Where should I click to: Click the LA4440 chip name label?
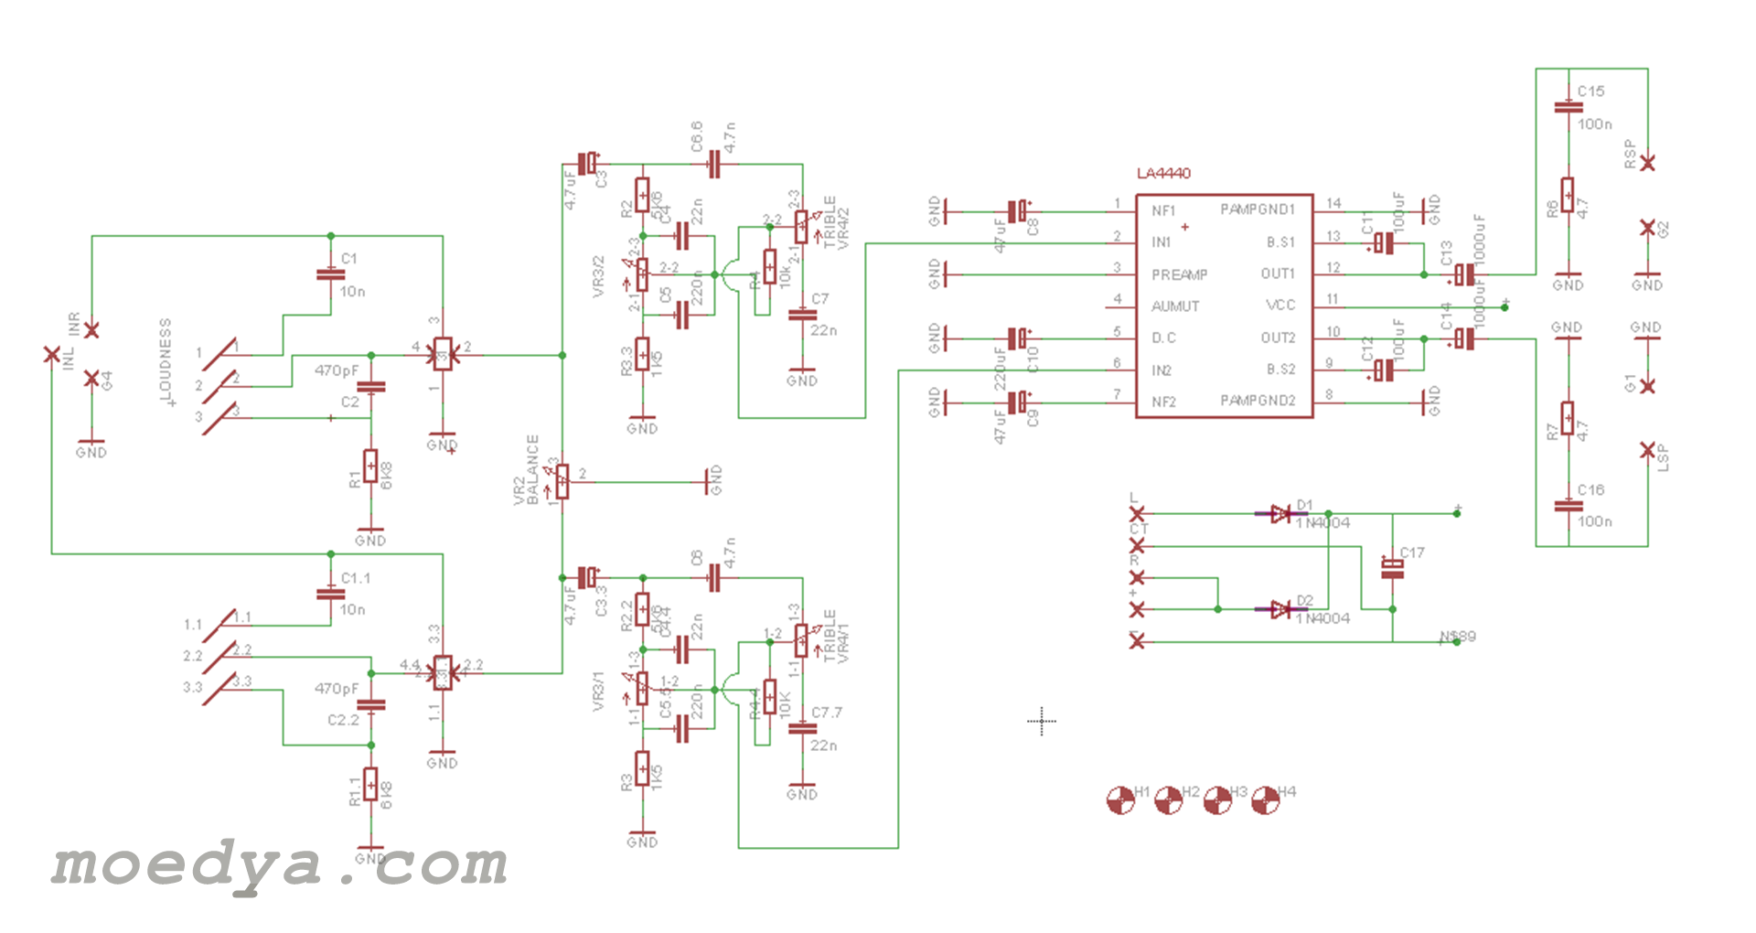[x=1163, y=174]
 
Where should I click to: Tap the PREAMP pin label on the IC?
[x=1179, y=274]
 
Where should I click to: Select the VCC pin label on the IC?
[x=1280, y=306]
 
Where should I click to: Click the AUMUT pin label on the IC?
[x=1175, y=306]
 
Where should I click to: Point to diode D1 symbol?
[x=1280, y=514]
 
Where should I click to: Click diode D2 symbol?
[x=1280, y=609]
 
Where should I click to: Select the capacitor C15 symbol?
[x=1569, y=107]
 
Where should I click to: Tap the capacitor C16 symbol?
[x=1569, y=505]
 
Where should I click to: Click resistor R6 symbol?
[x=1568, y=195]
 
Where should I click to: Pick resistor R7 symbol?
[x=1568, y=418]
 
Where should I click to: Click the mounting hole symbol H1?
[x=1120, y=800]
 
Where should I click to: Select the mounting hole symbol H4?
[x=1265, y=800]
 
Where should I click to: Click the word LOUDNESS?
[x=166, y=359]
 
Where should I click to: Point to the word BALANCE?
[x=532, y=469]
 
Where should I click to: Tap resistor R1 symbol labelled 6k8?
[x=370, y=466]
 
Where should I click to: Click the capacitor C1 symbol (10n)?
[x=330, y=274]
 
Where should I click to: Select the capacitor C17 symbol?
[x=1392, y=569]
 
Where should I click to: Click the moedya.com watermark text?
[x=279, y=864]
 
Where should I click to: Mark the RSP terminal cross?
[x=1647, y=163]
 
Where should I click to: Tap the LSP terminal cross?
[x=1647, y=450]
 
